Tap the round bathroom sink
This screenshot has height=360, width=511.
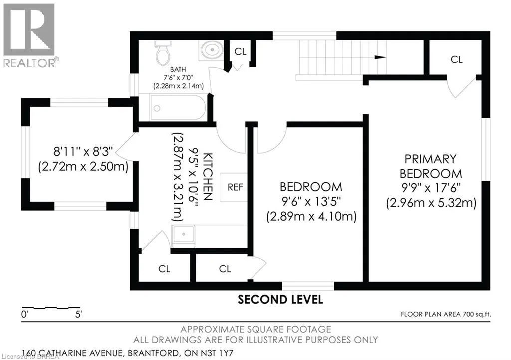(x=212, y=50)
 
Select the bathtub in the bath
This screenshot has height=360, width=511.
(x=178, y=107)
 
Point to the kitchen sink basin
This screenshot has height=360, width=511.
(x=183, y=234)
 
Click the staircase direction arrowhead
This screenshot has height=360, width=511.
(x=380, y=58)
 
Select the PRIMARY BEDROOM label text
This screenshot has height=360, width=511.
(x=431, y=166)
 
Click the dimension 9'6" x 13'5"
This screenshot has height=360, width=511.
(x=311, y=202)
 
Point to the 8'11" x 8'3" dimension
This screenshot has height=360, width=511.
(x=83, y=152)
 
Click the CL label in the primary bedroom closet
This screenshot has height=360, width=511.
(x=456, y=59)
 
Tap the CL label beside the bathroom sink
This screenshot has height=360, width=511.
(x=240, y=51)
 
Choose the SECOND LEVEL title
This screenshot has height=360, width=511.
(x=280, y=300)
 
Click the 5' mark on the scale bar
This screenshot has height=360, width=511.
(x=78, y=315)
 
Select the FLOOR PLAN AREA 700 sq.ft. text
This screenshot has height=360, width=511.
(x=446, y=314)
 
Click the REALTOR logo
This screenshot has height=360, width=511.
(x=29, y=35)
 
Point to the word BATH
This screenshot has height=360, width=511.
(x=178, y=69)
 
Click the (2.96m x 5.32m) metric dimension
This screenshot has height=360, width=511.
(x=431, y=203)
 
